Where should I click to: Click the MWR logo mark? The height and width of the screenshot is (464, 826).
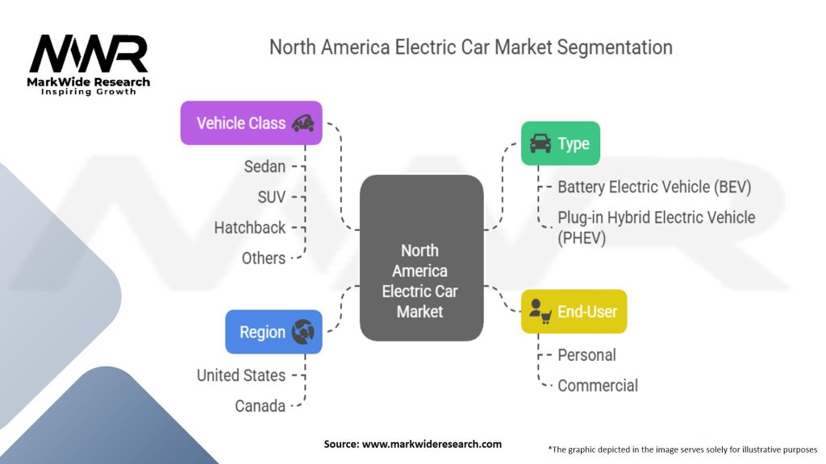[x=89, y=54]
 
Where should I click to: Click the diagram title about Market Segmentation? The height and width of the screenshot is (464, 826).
[x=470, y=47]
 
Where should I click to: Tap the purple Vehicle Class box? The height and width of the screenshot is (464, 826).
[x=251, y=123]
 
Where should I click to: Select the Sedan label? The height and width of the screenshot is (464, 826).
[x=265, y=167]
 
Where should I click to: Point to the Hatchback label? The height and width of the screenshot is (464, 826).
[x=249, y=227]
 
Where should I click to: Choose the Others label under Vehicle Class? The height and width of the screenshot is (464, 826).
[x=263, y=258]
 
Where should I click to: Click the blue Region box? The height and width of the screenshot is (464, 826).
[x=273, y=332]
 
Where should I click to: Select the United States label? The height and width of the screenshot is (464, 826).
[x=240, y=375]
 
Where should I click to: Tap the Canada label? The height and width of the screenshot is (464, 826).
[x=260, y=406]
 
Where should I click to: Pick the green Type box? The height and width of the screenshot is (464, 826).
[x=561, y=143]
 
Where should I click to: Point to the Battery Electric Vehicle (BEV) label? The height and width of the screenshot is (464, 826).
[x=654, y=187]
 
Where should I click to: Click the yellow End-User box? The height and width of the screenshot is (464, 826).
[x=574, y=311]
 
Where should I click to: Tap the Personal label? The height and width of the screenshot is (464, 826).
[x=586, y=355]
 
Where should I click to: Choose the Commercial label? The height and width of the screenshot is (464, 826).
[x=598, y=385]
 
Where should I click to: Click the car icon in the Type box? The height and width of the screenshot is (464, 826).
[x=540, y=143]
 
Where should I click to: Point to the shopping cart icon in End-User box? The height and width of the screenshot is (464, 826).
[x=540, y=312]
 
